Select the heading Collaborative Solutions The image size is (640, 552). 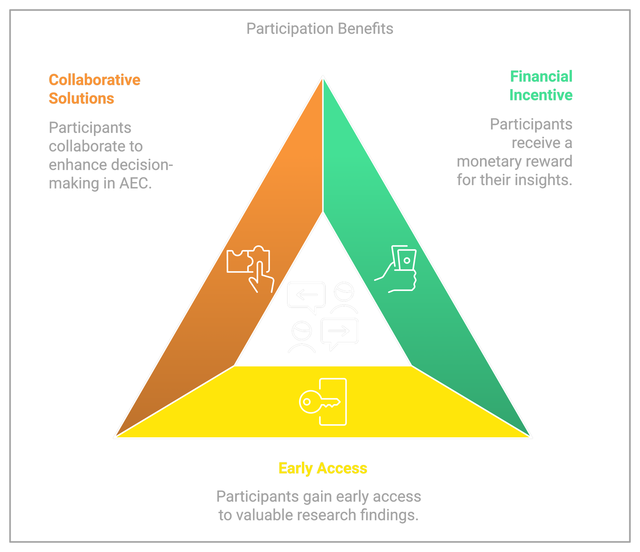click(94, 89)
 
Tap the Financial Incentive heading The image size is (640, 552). click(541, 86)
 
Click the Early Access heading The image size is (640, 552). click(323, 468)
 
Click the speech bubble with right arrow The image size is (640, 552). click(339, 332)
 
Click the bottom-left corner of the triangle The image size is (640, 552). click(115, 437)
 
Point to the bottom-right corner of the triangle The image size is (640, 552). click(531, 437)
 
